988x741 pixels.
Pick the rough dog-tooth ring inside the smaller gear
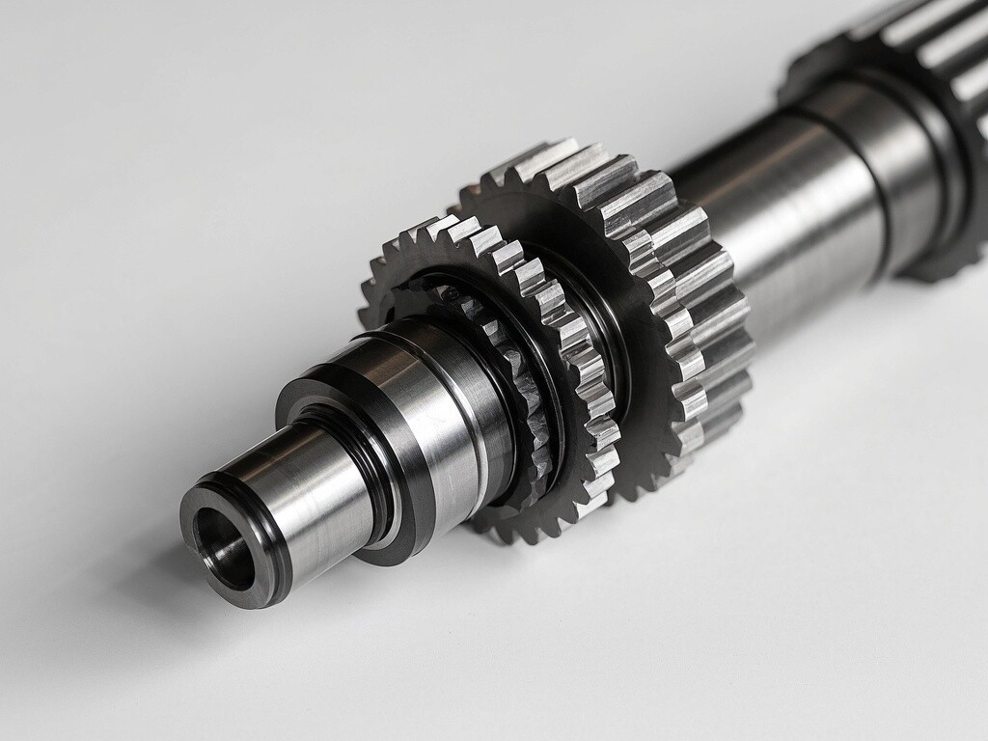pyautogui.click(x=516, y=386)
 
